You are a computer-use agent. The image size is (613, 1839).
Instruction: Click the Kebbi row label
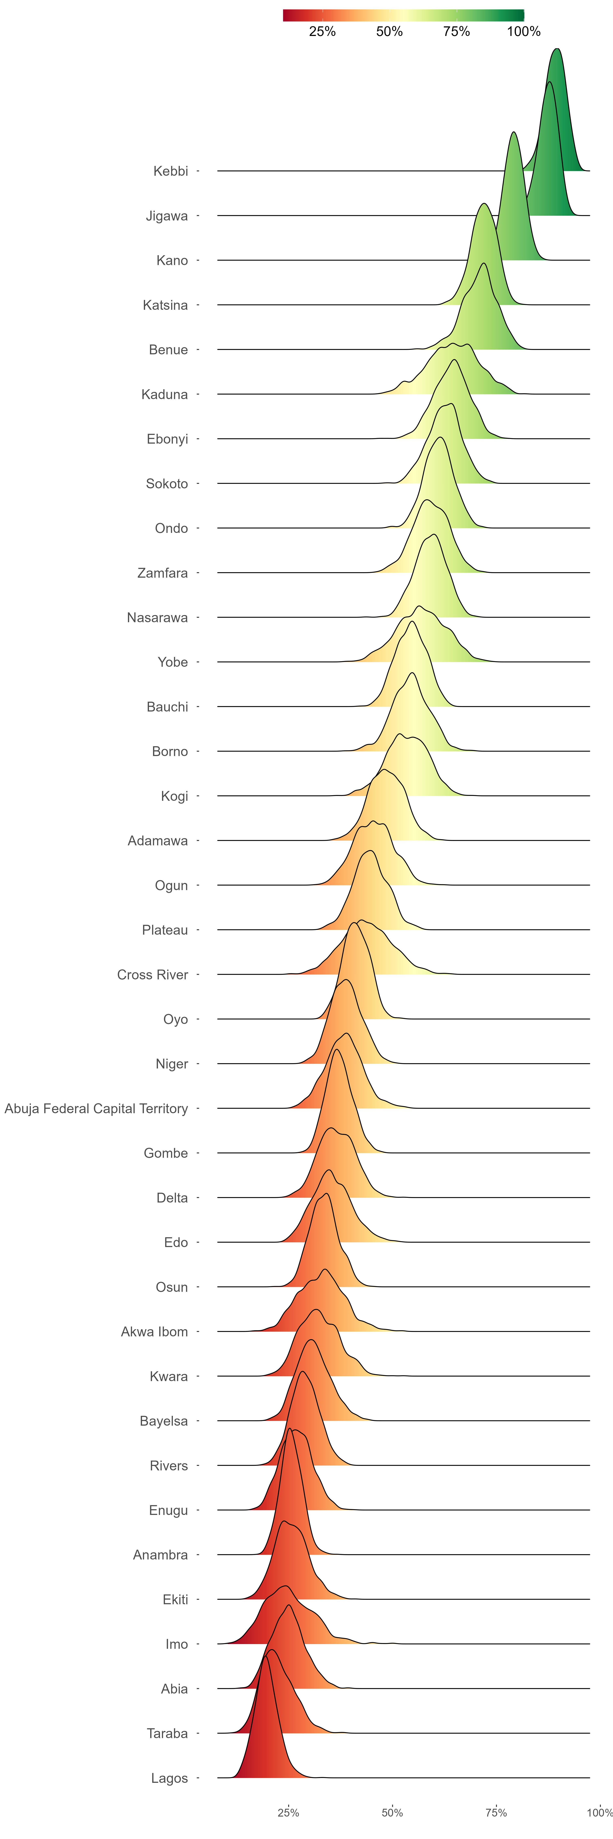(x=171, y=171)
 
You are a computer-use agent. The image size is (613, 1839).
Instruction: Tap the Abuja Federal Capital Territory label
(x=96, y=1109)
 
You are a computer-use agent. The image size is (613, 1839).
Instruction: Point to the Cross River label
(x=153, y=975)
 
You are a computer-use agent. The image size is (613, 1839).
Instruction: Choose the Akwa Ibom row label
(x=154, y=1332)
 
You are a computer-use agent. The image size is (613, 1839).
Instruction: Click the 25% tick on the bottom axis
(x=288, y=1813)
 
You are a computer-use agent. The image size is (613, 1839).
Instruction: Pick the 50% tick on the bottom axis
(x=393, y=1813)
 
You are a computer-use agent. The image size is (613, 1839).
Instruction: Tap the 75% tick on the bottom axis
(x=496, y=1813)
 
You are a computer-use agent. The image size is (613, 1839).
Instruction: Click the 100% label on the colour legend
(x=524, y=31)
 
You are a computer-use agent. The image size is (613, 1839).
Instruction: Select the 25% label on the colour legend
(x=322, y=31)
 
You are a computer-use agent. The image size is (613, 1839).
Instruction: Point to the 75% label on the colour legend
(x=457, y=31)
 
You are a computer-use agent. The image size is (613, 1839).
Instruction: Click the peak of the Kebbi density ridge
(x=557, y=49)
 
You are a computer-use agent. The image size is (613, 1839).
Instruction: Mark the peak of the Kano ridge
(x=513, y=133)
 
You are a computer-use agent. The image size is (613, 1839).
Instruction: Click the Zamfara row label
(x=163, y=573)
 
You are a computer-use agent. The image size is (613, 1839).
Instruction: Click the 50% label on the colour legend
(x=390, y=31)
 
